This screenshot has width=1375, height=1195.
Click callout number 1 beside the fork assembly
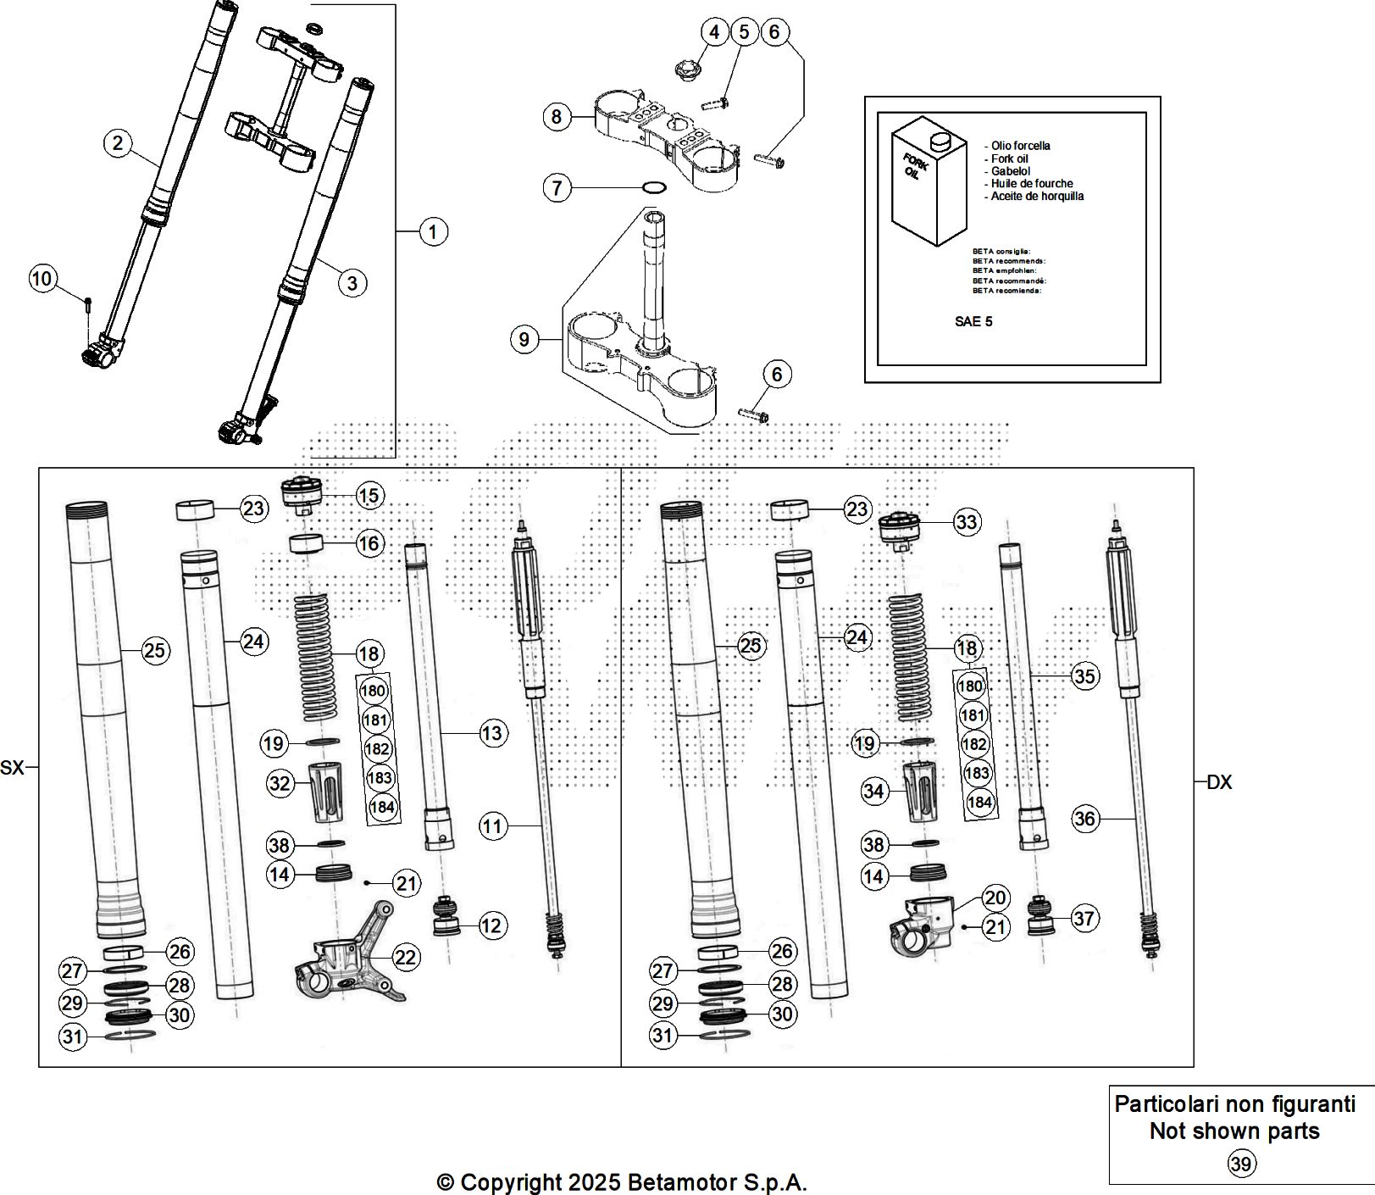click(x=433, y=231)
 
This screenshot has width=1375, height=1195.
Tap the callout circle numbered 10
click(x=42, y=278)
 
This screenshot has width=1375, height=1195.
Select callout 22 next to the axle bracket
click(x=407, y=957)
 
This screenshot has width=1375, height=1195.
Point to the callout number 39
click(x=1240, y=1164)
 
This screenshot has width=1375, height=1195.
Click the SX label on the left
click(x=12, y=768)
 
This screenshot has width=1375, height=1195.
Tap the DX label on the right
click(x=1218, y=782)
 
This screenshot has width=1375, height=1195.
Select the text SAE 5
click(x=973, y=321)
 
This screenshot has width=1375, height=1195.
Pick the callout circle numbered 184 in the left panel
click(x=382, y=806)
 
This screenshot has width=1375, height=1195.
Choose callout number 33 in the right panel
click(x=967, y=522)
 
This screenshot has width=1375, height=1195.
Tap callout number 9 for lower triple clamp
click(x=524, y=340)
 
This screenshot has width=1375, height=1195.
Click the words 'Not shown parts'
click(x=1234, y=1131)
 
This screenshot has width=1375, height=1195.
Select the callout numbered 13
click(x=492, y=733)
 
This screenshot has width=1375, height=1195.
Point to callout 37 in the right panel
click(x=1084, y=918)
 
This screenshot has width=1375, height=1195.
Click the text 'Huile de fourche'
click(x=1032, y=183)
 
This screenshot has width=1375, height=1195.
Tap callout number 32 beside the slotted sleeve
click(x=280, y=783)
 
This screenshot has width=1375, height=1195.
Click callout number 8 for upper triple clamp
click(x=556, y=116)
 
